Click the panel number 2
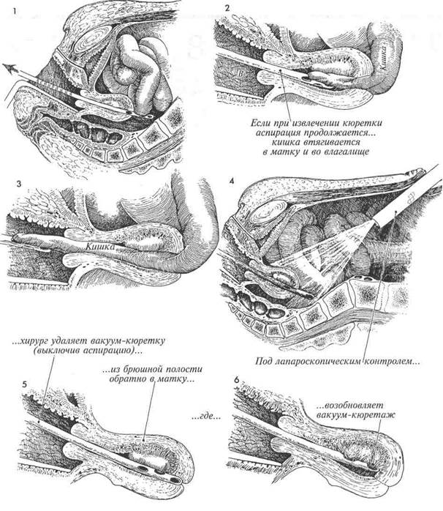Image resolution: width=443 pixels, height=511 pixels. click(228, 8)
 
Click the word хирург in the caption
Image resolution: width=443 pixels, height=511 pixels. click(56, 341)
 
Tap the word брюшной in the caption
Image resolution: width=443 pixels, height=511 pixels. click(141, 366)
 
